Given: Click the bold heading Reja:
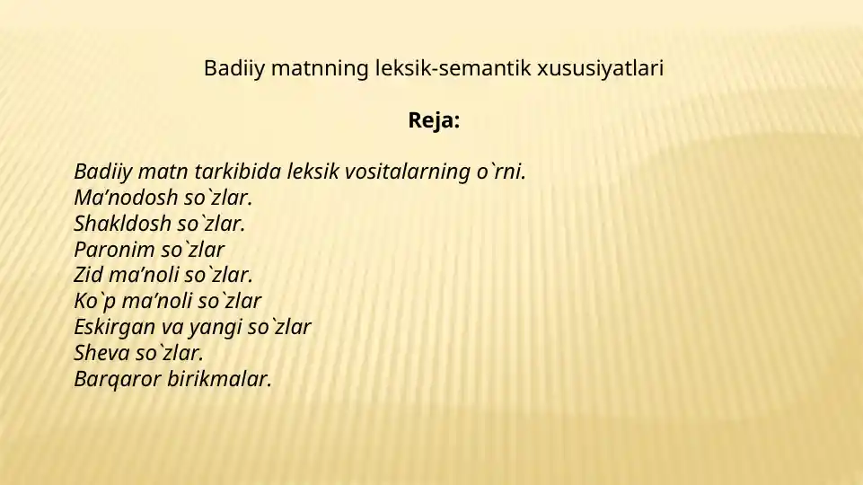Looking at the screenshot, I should click(x=434, y=120).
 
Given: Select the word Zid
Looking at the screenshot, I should click(x=88, y=275).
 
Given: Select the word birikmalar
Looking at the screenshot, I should click(x=219, y=379).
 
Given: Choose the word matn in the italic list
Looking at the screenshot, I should click(x=147, y=172).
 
